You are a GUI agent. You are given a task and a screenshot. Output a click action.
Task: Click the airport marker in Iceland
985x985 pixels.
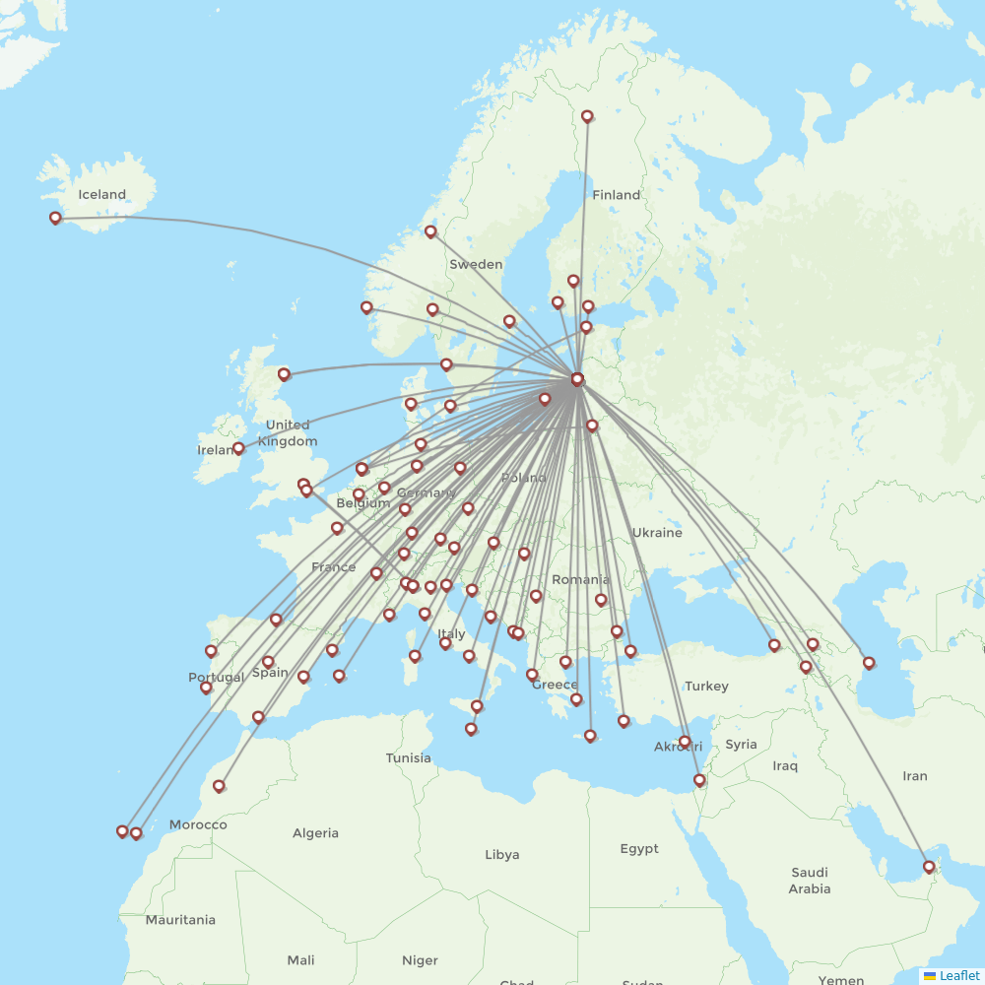[x=55, y=219]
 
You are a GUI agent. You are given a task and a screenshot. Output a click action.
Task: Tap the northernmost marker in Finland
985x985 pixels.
[x=587, y=116]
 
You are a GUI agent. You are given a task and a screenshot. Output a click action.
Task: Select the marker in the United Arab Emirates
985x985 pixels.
[x=928, y=868]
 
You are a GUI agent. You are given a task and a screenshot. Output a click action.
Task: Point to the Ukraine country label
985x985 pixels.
[x=656, y=533]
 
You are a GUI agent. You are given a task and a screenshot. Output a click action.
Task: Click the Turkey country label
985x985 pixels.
[x=706, y=686]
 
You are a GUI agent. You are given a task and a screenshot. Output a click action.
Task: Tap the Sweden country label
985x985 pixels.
[x=476, y=264]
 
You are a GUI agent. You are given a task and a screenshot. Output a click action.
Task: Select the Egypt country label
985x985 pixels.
[x=639, y=848]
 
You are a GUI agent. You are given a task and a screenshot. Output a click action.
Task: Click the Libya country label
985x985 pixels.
[x=501, y=854]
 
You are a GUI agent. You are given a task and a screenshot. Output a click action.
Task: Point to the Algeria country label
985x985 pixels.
[x=315, y=833]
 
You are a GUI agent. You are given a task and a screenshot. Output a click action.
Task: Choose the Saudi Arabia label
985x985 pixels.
[x=810, y=880]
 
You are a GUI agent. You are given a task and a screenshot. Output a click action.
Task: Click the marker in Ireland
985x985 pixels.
[x=238, y=449]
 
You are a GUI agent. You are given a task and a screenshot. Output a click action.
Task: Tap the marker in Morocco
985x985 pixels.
[x=219, y=786]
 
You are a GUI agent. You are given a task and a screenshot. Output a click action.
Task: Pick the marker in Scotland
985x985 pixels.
[x=284, y=374]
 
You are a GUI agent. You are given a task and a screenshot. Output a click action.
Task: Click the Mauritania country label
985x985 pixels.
[x=180, y=920]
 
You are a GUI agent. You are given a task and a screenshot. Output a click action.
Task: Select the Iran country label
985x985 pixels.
[x=914, y=776]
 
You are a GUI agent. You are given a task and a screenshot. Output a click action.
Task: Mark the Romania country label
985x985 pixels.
[x=580, y=579]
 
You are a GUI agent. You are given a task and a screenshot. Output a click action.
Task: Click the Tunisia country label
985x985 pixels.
[x=408, y=757]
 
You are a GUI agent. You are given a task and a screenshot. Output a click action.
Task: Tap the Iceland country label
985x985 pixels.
[x=102, y=194]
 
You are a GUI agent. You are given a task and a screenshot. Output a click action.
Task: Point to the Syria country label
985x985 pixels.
[x=741, y=745]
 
